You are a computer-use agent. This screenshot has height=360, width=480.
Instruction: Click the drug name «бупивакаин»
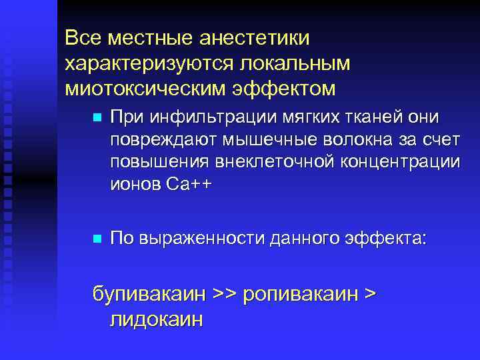click(151, 295)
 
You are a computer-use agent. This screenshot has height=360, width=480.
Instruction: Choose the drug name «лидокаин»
click(154, 319)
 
